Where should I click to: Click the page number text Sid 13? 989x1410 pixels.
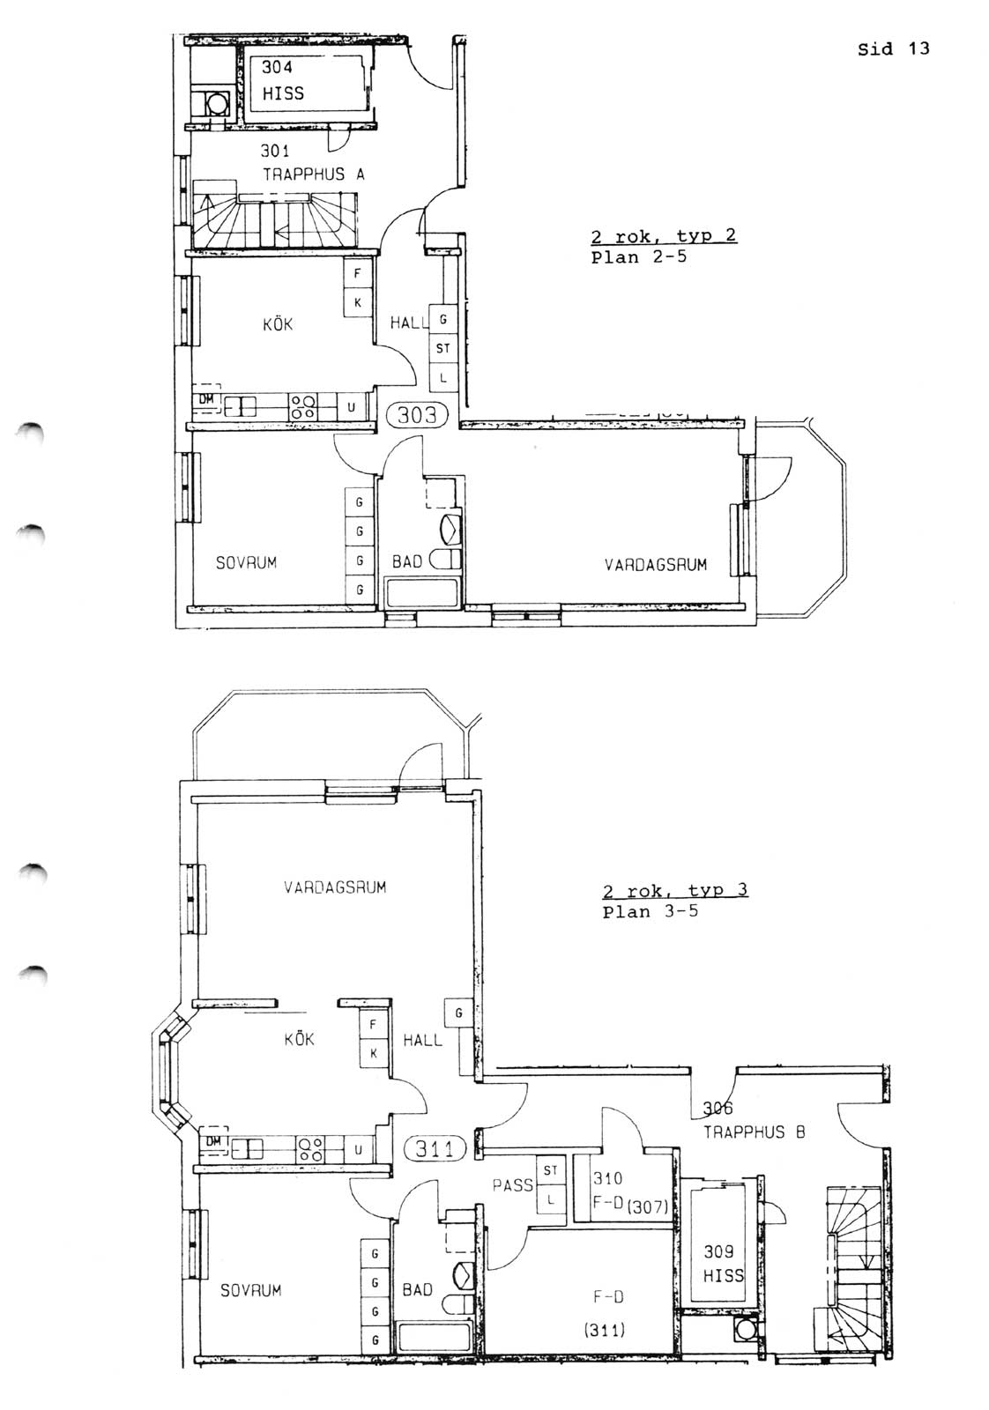point(893,49)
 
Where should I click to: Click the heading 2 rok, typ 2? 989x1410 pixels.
point(664,237)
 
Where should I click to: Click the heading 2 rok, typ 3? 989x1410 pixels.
point(675,891)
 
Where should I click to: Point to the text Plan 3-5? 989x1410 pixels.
point(650,911)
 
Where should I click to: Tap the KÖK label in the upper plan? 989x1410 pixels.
point(278,324)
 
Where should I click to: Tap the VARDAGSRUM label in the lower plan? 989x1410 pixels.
point(334,887)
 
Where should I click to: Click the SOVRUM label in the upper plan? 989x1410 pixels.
point(246,562)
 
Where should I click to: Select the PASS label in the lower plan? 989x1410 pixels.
point(512,1185)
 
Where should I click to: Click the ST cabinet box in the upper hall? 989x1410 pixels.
point(443,347)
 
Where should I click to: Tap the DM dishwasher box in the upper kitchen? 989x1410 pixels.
point(207,400)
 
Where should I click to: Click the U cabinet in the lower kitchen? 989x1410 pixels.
point(358,1149)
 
